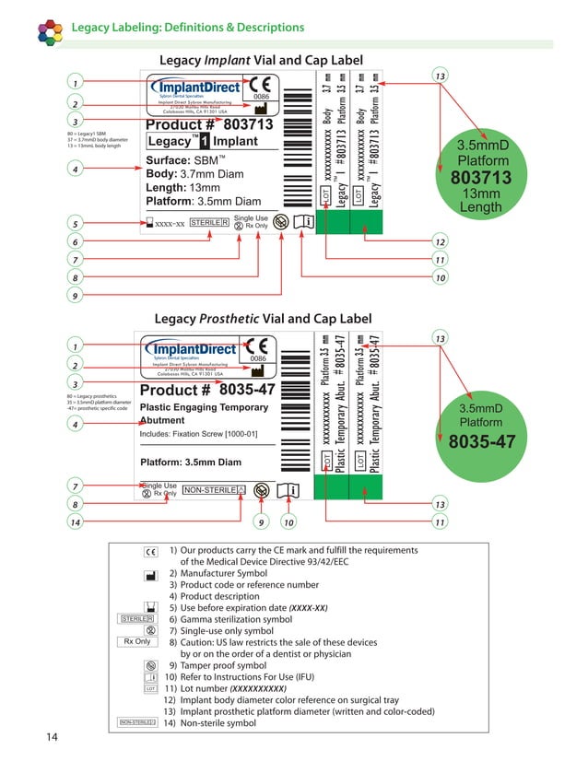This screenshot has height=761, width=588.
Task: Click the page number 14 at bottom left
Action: click(53, 737)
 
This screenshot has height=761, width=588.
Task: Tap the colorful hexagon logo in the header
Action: click(51, 31)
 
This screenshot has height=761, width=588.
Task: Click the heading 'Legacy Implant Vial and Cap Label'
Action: click(262, 60)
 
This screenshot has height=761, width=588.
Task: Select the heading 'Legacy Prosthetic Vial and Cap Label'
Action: click(263, 319)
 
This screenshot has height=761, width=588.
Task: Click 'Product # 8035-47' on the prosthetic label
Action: click(207, 390)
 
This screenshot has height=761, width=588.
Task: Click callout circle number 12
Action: click(440, 242)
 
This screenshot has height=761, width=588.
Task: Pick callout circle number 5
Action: click(74, 224)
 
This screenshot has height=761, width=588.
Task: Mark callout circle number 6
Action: click(74, 242)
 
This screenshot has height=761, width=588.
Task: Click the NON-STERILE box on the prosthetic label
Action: click(215, 490)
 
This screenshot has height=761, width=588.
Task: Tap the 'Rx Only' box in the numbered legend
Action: click(136, 642)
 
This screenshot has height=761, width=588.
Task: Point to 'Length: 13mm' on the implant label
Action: click(191, 187)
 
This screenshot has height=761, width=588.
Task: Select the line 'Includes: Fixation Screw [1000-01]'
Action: click(198, 433)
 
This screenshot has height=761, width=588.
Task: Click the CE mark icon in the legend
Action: click(151, 550)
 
